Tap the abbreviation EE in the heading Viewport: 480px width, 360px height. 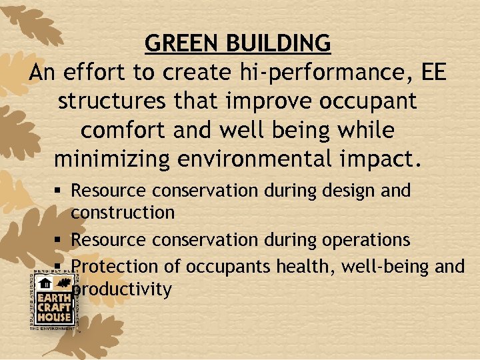435,73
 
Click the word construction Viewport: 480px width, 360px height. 123,213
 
